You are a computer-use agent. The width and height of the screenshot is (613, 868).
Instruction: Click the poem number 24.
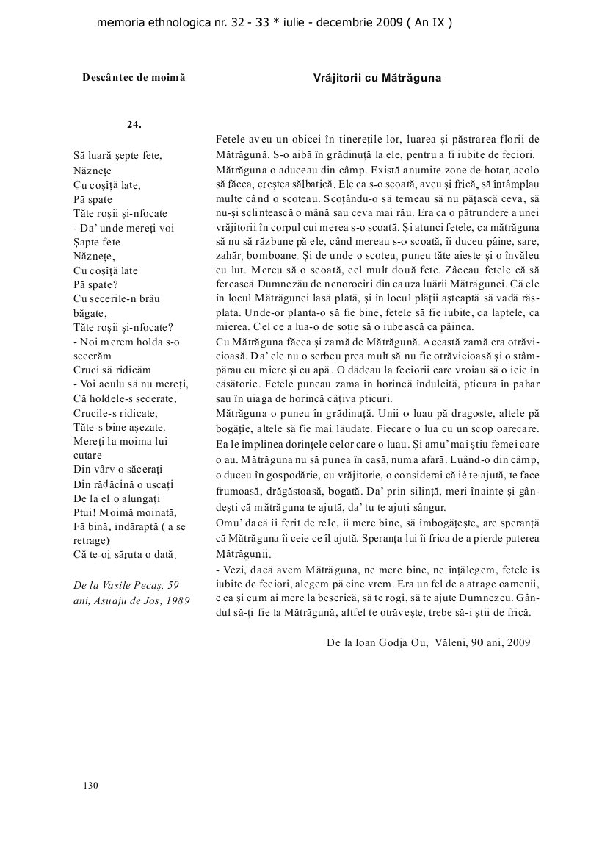click(x=134, y=123)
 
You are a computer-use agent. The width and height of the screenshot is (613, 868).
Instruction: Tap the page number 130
click(x=90, y=786)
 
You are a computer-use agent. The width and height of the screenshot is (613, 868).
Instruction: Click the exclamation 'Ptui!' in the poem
click(x=86, y=512)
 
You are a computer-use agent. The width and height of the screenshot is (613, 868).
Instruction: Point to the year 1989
click(x=175, y=599)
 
